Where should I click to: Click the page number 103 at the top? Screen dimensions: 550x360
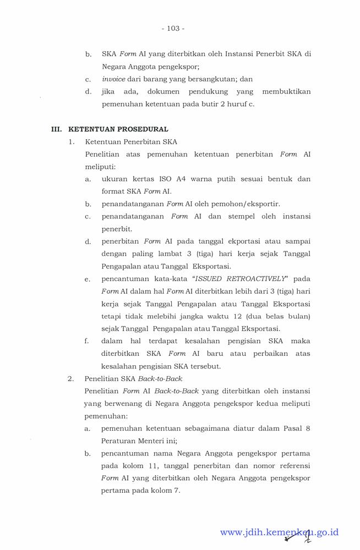tap(173, 28)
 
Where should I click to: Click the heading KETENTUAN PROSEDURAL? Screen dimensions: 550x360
tap(118, 129)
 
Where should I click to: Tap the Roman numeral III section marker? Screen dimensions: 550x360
tap(56, 129)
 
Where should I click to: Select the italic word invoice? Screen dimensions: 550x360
tap(113, 79)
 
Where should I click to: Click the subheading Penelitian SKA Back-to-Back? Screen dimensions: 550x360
tap(133, 379)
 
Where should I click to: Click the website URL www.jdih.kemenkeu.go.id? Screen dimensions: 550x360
tap(279, 532)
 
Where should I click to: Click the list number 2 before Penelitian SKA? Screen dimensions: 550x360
tap(70, 379)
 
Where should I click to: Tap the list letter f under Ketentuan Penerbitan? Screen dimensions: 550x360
tap(87, 341)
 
